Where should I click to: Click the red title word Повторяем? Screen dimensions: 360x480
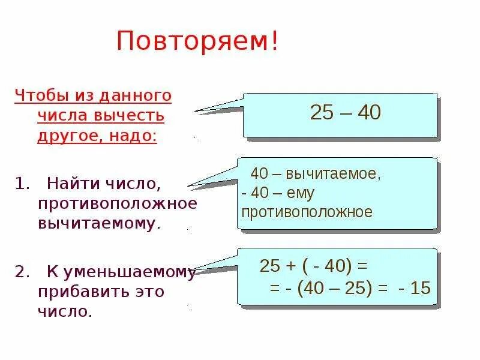(x=197, y=42)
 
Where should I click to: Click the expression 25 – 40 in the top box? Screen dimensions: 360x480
(x=345, y=113)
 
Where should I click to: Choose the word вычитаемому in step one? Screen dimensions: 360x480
(x=100, y=224)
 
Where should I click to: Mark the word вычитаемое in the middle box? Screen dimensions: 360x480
(x=333, y=174)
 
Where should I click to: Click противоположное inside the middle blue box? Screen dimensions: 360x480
(x=307, y=212)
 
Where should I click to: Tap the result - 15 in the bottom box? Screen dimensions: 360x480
(x=415, y=288)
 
